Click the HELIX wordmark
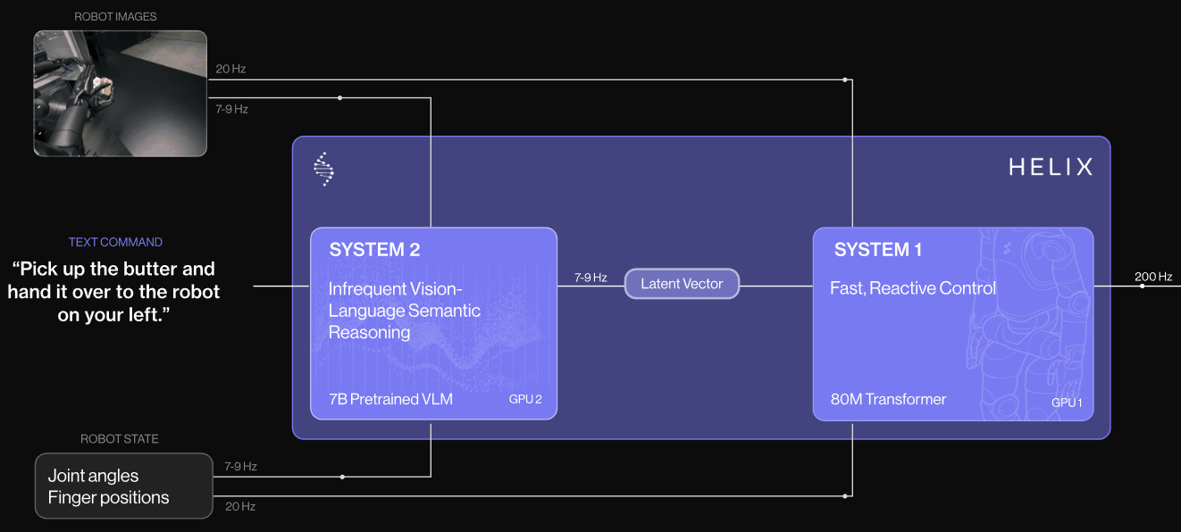[x=1050, y=167]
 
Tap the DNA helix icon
[x=324, y=169]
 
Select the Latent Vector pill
[x=682, y=284]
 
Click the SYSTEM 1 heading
[x=877, y=250]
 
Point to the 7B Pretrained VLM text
[x=390, y=399]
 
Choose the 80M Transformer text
[x=888, y=399]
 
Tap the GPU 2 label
[x=524, y=399]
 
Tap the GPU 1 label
[x=1067, y=403]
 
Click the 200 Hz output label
[x=1153, y=277]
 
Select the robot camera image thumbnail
[x=120, y=94]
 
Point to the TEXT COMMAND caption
[x=115, y=242]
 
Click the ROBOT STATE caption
[x=120, y=439]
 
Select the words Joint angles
[x=93, y=476]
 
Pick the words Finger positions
[x=108, y=498]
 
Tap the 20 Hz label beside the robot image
[x=230, y=69]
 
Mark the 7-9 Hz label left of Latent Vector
[x=590, y=278]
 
